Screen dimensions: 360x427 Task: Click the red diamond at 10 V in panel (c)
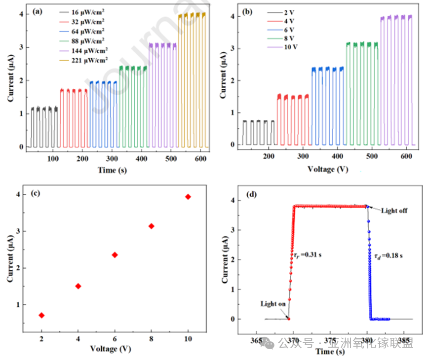188,197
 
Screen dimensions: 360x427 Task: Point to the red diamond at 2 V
41,315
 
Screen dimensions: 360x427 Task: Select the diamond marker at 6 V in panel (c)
115,255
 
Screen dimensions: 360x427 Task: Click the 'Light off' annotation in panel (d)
394,211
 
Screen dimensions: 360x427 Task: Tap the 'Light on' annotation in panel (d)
273,304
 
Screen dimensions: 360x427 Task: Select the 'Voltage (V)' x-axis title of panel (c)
110,349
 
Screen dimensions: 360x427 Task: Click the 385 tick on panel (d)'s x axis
404,341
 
